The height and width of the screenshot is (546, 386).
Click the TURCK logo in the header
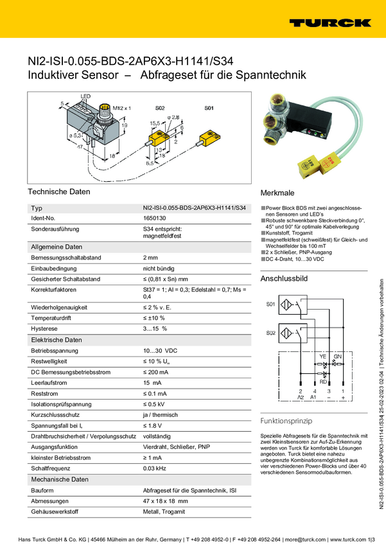pyautogui.click(x=329, y=23)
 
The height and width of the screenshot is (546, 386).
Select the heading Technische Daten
pyautogui.click(x=59, y=191)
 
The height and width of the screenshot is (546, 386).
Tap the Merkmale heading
pyautogui.click(x=277, y=193)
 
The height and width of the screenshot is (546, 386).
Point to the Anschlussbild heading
pyautogui.click(x=284, y=279)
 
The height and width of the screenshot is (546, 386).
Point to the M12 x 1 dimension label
pyautogui.click(x=121, y=108)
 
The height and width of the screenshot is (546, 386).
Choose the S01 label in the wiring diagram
pyautogui.click(x=270, y=303)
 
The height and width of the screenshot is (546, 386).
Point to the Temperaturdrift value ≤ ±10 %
pyautogui.click(x=154, y=318)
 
